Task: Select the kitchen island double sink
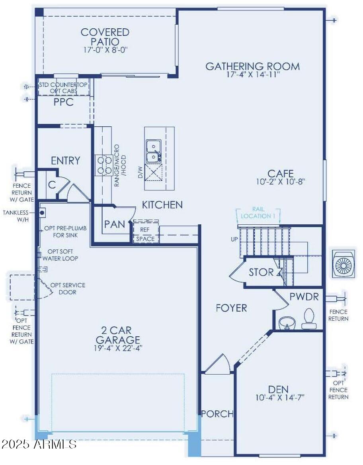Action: (x=153, y=151)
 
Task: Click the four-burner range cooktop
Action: (x=103, y=165)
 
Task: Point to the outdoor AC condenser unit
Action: (x=343, y=264)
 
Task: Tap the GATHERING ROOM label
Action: (x=252, y=66)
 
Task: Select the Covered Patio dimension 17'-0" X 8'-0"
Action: (x=105, y=49)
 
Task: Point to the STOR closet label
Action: (x=261, y=273)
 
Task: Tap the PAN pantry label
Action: (x=114, y=224)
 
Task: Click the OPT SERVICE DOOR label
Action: (x=67, y=288)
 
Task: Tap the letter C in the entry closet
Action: (x=51, y=184)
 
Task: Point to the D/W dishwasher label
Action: (x=140, y=173)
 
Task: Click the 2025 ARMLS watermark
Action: (x=39, y=444)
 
